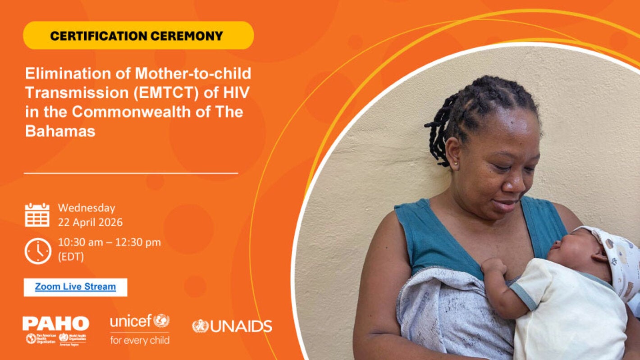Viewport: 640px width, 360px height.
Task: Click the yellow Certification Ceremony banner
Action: click(x=138, y=36)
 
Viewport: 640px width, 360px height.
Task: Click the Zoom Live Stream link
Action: click(x=75, y=287)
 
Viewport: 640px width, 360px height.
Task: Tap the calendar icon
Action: click(x=37, y=214)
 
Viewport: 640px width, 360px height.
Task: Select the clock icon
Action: click(x=38, y=251)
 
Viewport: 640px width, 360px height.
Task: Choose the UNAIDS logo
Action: click(x=232, y=326)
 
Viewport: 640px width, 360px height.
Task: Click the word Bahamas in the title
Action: click(x=60, y=131)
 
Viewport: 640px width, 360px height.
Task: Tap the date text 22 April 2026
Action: click(x=90, y=222)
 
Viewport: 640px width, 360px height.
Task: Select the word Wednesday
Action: click(x=87, y=208)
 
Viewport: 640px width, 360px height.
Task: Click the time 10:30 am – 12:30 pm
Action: click(x=109, y=242)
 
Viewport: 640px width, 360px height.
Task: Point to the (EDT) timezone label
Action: click(x=71, y=256)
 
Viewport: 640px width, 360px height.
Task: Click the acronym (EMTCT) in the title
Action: click(x=146, y=92)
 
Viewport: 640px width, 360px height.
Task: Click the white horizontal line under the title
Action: click(x=131, y=173)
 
